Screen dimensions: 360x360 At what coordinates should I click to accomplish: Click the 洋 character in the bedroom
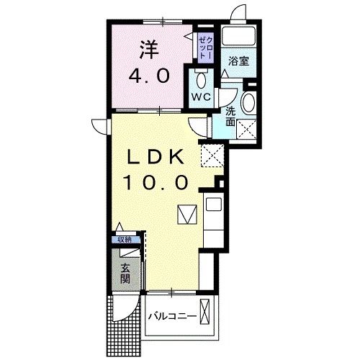tap(148, 51)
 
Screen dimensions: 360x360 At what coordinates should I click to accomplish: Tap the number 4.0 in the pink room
tap(148, 74)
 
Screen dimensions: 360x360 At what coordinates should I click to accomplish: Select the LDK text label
tap(158, 157)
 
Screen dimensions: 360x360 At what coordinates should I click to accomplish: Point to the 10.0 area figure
tap(159, 182)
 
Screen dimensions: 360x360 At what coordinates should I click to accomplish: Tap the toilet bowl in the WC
tap(201, 78)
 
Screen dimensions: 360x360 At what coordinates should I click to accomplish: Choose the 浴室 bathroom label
tap(238, 60)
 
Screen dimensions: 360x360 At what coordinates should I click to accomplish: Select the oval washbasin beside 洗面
tap(248, 102)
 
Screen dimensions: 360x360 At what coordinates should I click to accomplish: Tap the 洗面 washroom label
tap(230, 117)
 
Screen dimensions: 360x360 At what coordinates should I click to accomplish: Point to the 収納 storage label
tap(125, 240)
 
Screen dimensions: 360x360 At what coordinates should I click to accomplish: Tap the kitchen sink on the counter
tap(214, 204)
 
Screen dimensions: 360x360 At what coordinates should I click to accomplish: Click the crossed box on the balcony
tap(206, 314)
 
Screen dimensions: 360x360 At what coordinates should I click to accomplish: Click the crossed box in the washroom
tap(248, 130)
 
